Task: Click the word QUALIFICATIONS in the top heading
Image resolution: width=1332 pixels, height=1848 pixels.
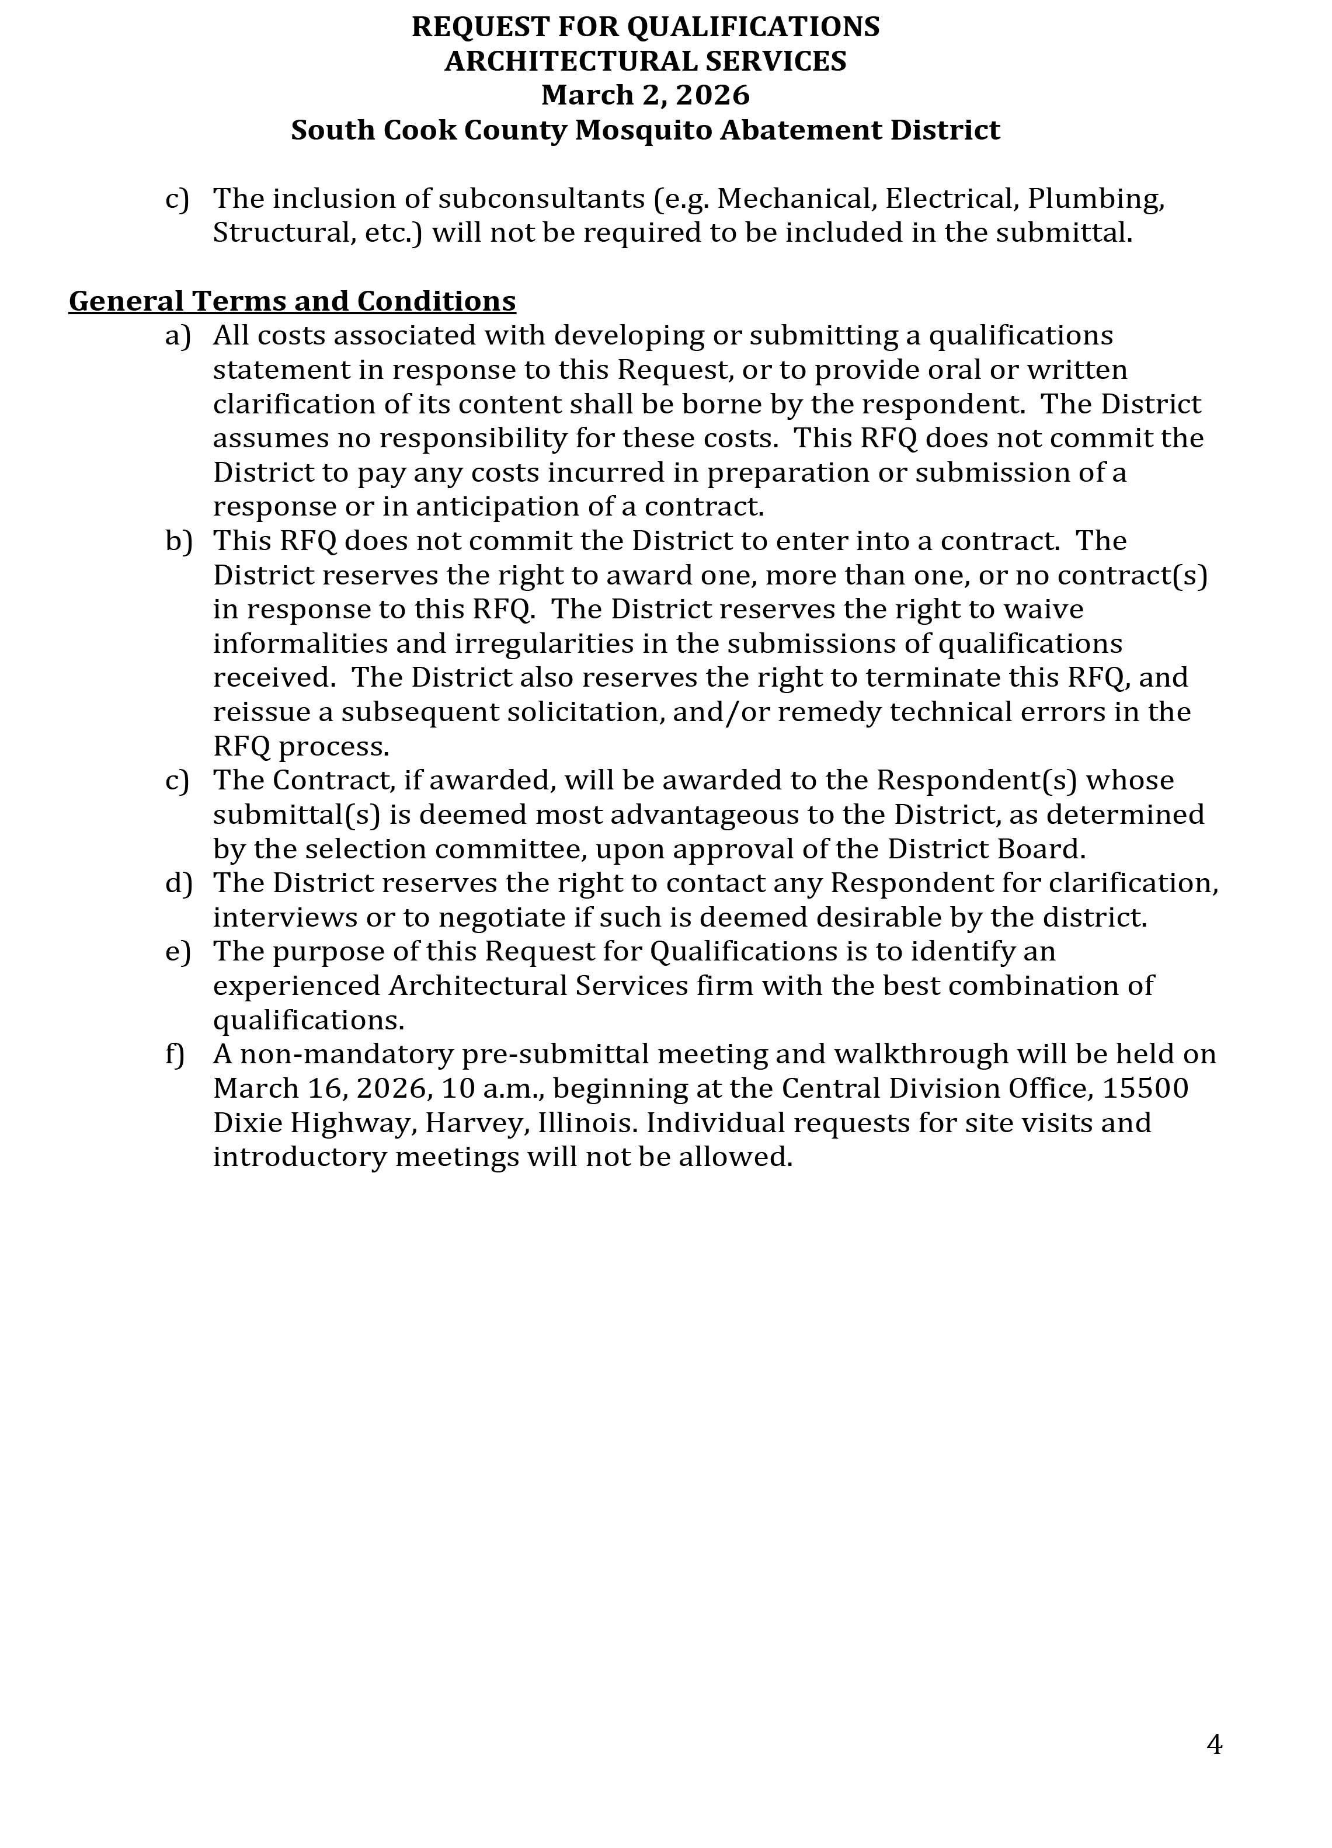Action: (x=753, y=27)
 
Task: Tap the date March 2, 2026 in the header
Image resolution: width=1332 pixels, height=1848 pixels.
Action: (x=645, y=95)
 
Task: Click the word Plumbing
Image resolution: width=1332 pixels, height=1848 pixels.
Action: (x=1095, y=199)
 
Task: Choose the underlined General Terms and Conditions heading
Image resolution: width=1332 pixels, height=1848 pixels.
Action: (x=291, y=301)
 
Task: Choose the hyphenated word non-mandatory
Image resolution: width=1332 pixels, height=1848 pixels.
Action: (x=346, y=1054)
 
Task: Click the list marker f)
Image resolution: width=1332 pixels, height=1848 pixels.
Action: (x=175, y=1054)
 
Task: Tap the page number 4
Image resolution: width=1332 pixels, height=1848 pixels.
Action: (x=1214, y=1745)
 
